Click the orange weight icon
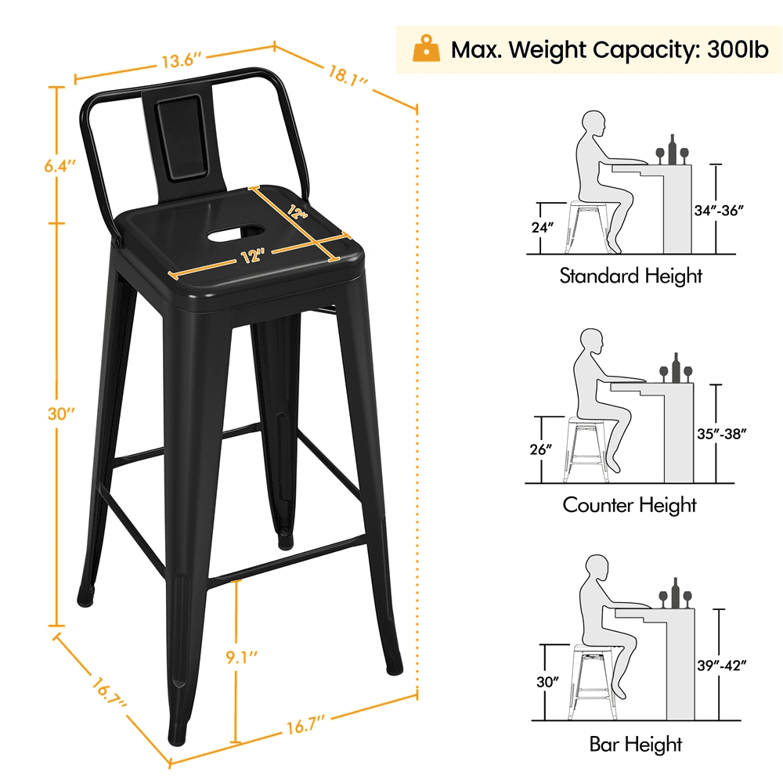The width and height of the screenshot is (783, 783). (426, 49)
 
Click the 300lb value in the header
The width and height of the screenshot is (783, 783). (738, 49)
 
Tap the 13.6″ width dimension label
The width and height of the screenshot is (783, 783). (181, 61)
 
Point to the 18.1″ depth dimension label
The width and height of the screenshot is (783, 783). (348, 75)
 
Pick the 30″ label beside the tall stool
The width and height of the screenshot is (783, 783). (61, 413)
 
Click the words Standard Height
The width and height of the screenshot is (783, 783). (630, 275)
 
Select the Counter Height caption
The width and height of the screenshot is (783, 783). (630, 504)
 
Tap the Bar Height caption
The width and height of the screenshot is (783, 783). (635, 744)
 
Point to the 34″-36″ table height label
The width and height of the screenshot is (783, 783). (719, 210)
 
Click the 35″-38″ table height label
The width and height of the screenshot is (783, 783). (722, 434)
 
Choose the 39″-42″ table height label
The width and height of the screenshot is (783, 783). (722, 665)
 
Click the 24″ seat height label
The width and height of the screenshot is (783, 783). (543, 227)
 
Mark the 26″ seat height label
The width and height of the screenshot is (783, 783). (541, 449)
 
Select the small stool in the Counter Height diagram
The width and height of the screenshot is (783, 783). (587, 450)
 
